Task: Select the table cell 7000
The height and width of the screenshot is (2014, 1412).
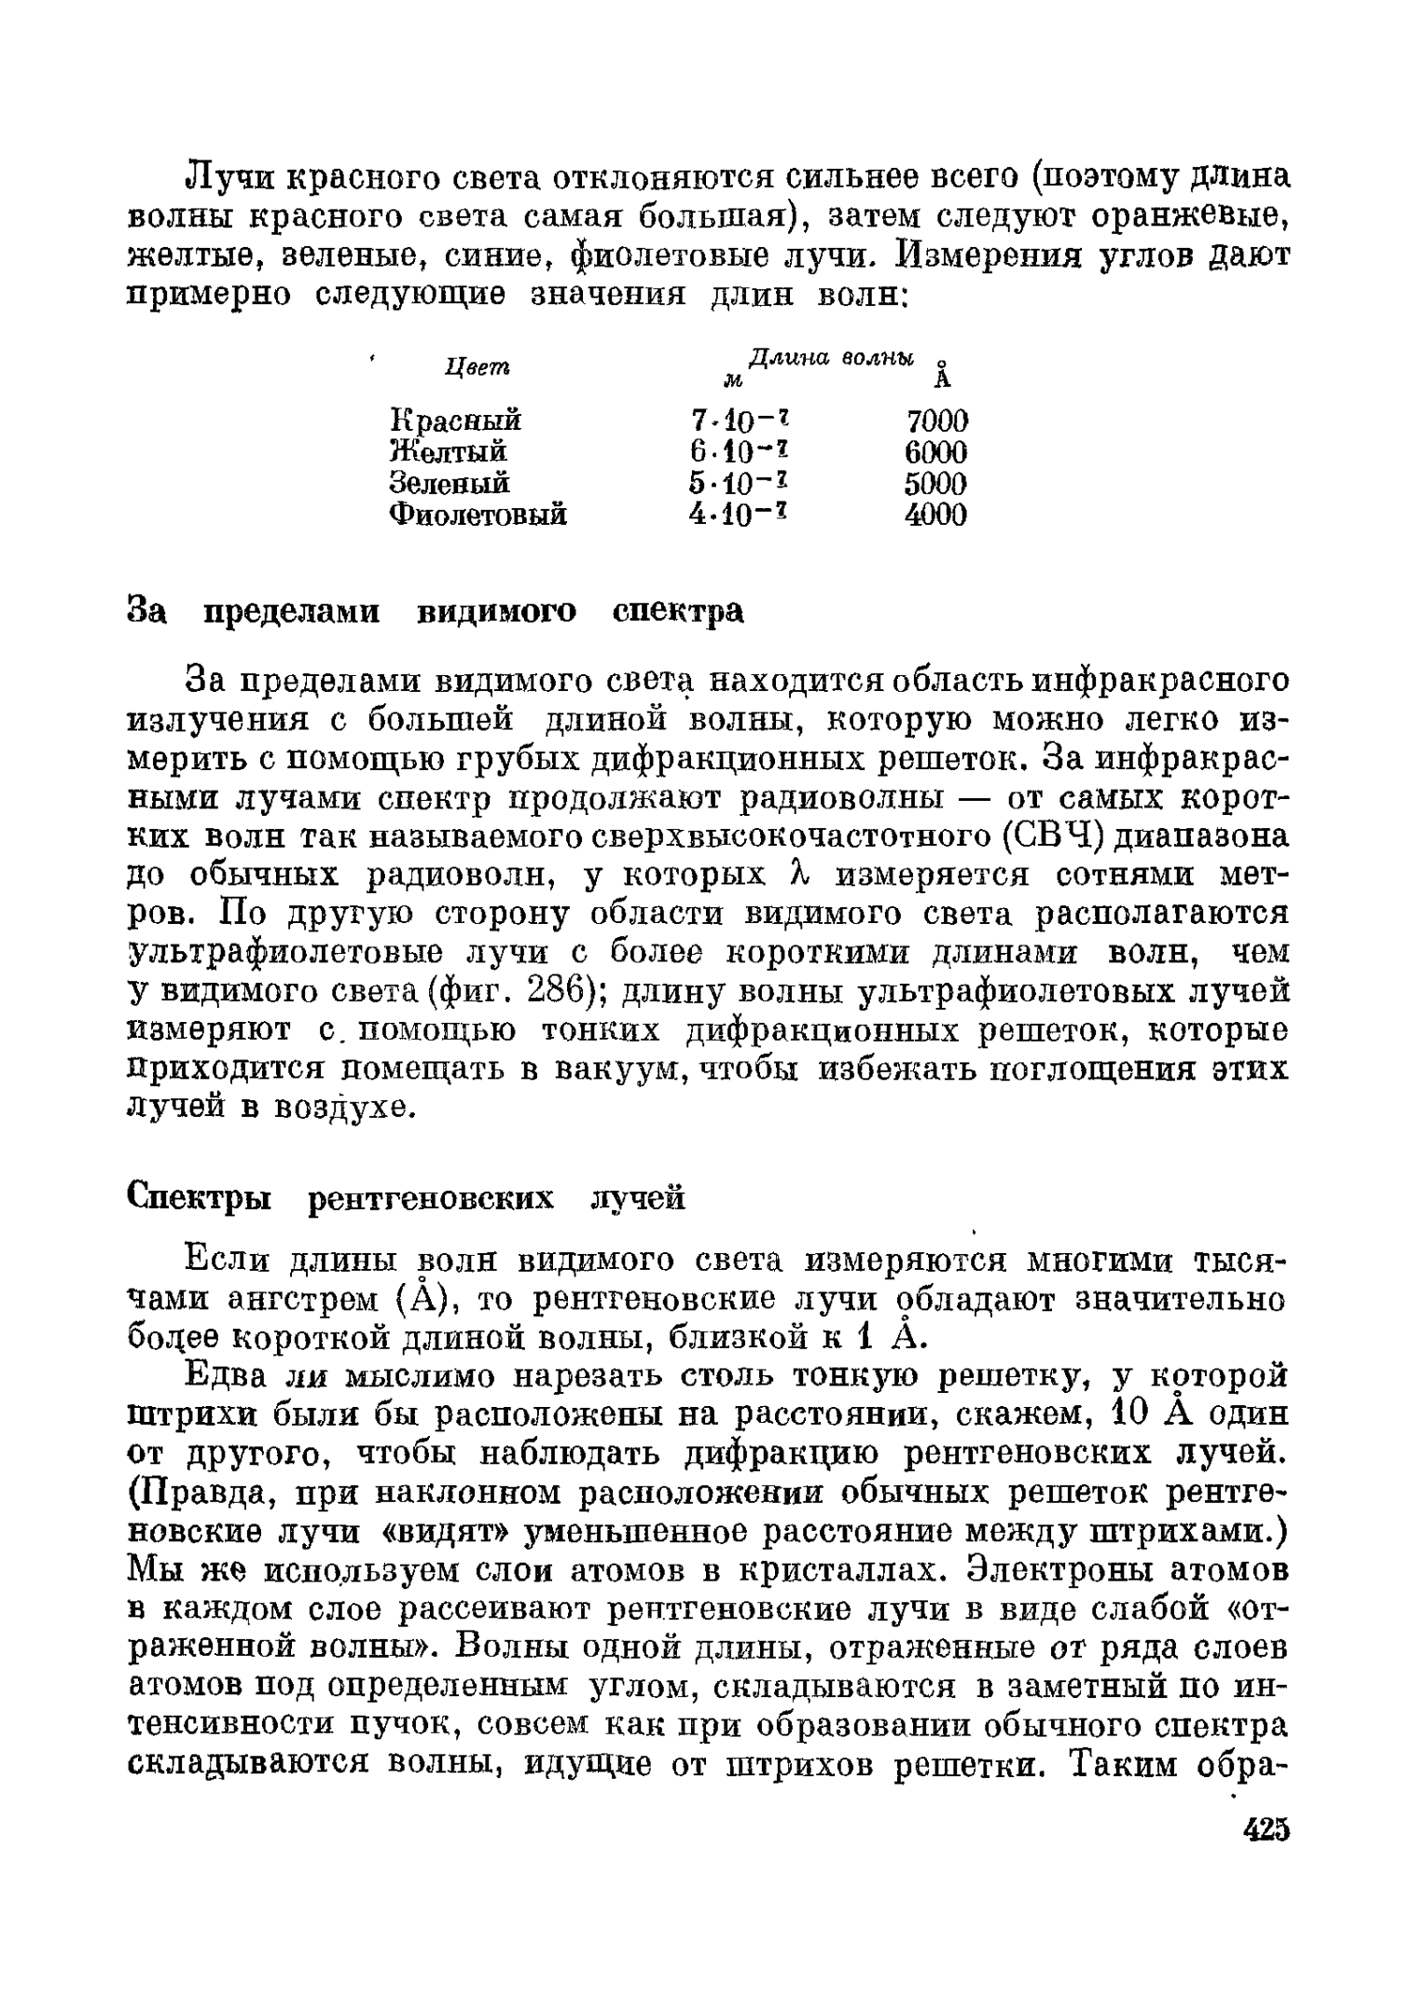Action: pyautogui.click(x=936, y=421)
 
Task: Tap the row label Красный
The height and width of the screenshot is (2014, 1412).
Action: pyautogui.click(x=454, y=421)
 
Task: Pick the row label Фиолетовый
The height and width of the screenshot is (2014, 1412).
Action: pyautogui.click(x=478, y=515)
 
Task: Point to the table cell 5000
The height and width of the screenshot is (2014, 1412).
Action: pyautogui.click(x=935, y=483)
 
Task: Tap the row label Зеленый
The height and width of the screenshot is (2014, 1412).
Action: pyautogui.click(x=449, y=483)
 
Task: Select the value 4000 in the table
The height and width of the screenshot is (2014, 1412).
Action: pyautogui.click(x=935, y=515)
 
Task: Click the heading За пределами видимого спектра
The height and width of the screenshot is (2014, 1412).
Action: pyautogui.click(x=435, y=612)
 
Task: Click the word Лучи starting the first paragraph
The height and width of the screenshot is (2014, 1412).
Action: pyautogui.click(x=230, y=177)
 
